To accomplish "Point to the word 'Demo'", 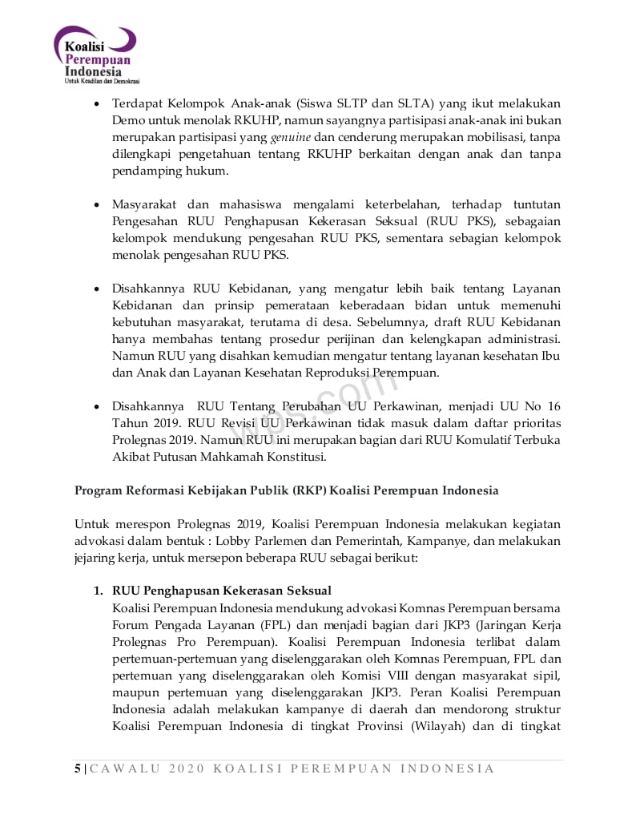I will pos(127,120).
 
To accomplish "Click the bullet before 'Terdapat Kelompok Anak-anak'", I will pos(97,104).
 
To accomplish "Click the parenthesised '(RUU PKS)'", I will pos(452,221).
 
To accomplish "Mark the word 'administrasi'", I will pos(525,339).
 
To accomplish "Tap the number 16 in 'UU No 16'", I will pos(553,406).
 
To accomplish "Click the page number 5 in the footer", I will pos(78,769).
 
